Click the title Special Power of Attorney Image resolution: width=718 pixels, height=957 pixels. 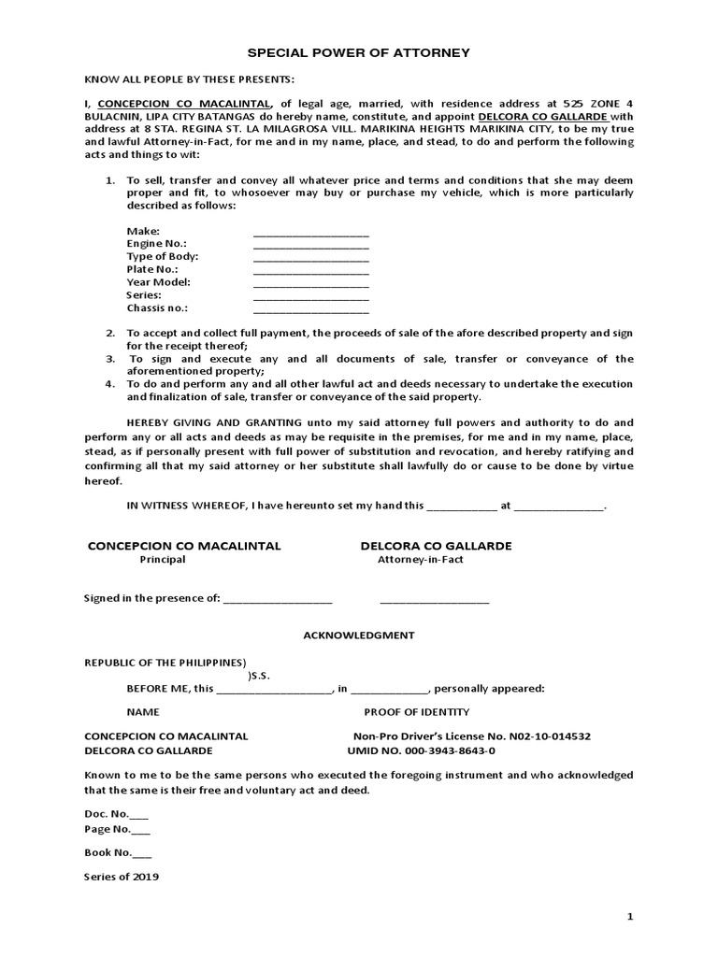358,54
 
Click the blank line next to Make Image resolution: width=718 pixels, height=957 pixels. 310,231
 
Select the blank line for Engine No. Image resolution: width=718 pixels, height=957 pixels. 310,244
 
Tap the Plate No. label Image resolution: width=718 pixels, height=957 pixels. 151,269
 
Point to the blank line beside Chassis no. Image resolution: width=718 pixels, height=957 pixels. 310,307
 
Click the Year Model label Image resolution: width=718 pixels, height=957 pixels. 158,282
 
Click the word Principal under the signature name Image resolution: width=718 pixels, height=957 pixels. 163,560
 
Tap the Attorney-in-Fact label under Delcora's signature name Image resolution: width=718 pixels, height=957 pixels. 420,560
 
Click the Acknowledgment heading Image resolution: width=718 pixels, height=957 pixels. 358,635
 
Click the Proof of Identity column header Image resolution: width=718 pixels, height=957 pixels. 417,712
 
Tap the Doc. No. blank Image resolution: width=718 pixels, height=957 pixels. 139,814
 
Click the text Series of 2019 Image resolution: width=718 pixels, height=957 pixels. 122,878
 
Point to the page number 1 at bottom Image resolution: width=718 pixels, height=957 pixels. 630,917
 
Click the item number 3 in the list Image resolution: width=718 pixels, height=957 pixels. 109,359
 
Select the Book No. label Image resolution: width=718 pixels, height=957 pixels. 108,852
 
